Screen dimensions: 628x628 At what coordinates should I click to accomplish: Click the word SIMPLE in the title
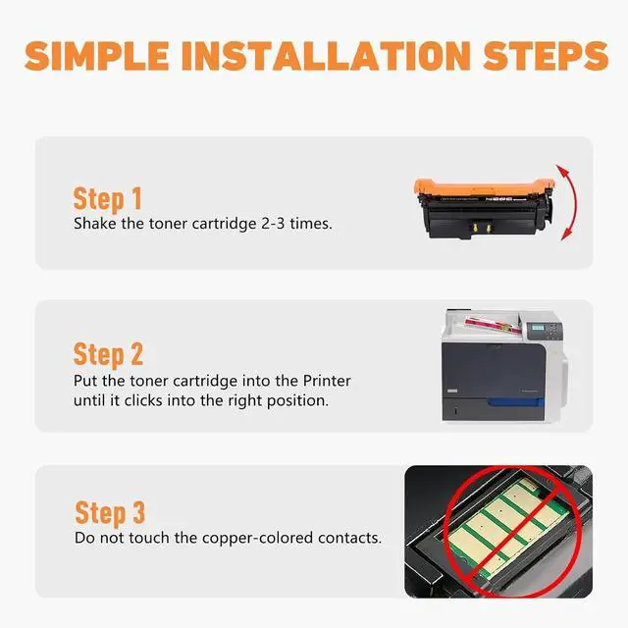(x=96, y=56)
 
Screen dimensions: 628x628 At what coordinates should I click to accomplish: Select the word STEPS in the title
(x=546, y=56)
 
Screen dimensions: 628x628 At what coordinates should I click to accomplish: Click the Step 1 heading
(x=107, y=199)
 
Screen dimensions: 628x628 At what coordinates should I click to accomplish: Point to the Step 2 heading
(x=108, y=355)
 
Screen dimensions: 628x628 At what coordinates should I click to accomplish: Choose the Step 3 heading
(x=110, y=512)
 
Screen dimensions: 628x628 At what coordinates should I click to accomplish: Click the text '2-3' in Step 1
(x=273, y=224)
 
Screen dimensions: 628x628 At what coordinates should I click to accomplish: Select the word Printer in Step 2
(x=327, y=381)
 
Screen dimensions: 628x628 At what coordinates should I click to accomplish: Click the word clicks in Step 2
(x=143, y=400)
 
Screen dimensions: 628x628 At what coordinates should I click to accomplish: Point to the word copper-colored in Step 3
(x=257, y=539)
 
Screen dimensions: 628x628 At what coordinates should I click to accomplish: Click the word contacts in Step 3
(x=349, y=538)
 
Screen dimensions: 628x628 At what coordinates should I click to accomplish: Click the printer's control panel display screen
(x=537, y=329)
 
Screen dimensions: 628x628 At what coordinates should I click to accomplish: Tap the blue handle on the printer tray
(x=515, y=402)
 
